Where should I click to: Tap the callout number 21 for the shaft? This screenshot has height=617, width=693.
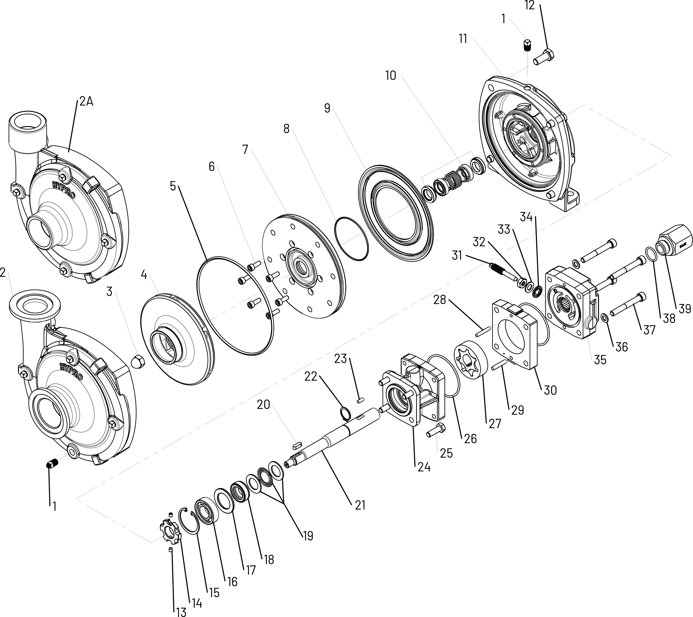360,505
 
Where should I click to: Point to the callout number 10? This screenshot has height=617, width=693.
390,76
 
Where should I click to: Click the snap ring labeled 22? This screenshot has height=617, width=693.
345,414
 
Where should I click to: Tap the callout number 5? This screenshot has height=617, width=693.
173,186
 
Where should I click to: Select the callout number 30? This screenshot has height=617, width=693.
550,390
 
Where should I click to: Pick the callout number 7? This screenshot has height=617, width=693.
245,149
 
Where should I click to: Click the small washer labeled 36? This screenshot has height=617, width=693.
604,318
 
